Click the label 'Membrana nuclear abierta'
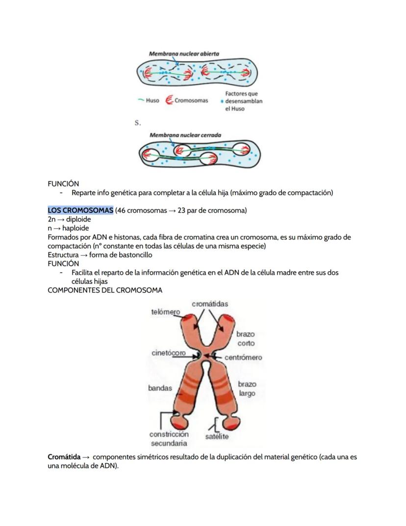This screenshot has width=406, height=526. click(x=184, y=54)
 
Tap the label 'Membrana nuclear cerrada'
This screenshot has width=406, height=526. click(x=185, y=135)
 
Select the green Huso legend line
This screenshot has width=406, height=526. click(x=141, y=101)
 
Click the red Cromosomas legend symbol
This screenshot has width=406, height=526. click(x=170, y=101)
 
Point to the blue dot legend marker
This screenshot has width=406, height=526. click(x=222, y=101)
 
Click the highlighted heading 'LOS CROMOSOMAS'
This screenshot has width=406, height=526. click(x=80, y=211)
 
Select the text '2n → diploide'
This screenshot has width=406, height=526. click(x=69, y=220)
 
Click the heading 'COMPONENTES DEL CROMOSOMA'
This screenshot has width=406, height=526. click(x=105, y=290)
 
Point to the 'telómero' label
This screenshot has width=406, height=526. click(x=165, y=312)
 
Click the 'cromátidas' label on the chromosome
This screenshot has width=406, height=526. click(x=210, y=304)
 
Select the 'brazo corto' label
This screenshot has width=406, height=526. click(x=246, y=338)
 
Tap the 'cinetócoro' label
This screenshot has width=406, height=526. click(x=168, y=353)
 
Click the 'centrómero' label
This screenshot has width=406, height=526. click(x=243, y=358)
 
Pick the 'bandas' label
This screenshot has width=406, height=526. click(x=160, y=388)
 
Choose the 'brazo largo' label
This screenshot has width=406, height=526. click(x=247, y=388)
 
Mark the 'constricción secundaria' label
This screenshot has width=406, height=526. click(x=169, y=439)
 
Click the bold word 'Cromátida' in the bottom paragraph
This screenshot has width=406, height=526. click(x=64, y=457)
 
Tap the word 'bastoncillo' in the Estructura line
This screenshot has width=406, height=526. click(x=134, y=255)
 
